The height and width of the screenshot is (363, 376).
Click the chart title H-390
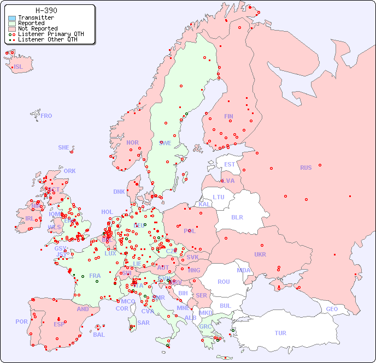pyautogui.click(x=46, y=10)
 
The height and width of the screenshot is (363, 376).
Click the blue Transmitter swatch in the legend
pyautogui.click(x=12, y=18)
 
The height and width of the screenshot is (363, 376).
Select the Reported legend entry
pyautogui.click(x=31, y=23)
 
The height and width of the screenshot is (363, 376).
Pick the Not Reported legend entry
pyautogui.click(x=37, y=29)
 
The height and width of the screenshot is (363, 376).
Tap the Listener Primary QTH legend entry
pyautogui.click(x=51, y=34)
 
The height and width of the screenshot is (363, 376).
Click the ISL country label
pyautogui.click(x=19, y=67)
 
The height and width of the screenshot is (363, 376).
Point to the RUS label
pyautogui.click(x=305, y=168)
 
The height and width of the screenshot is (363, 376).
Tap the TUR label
pyautogui.click(x=280, y=333)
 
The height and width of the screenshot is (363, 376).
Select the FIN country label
pyautogui.click(x=228, y=116)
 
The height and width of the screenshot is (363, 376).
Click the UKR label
pyautogui.click(x=260, y=254)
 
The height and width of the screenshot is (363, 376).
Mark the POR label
pyautogui.click(x=21, y=322)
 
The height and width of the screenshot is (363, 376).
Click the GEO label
pyautogui.click(x=332, y=309)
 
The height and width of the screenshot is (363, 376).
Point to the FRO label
pyautogui.click(x=46, y=116)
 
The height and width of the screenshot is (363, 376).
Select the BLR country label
pyautogui.click(x=237, y=217)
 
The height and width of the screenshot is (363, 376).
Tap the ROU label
pyautogui.click(x=224, y=282)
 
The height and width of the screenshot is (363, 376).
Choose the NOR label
pyautogui.click(x=132, y=142)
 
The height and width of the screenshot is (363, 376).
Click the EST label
pyautogui.click(x=230, y=164)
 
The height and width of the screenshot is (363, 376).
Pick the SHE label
pyautogui.click(x=64, y=147)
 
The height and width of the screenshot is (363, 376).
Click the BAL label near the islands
pyautogui.click(x=98, y=335)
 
